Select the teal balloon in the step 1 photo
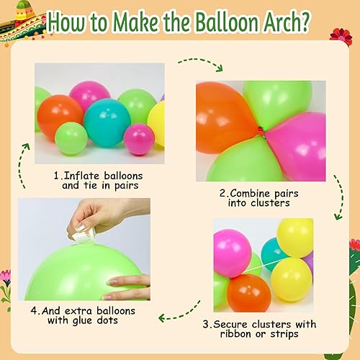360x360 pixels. [106, 122]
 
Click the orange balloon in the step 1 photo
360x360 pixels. [60, 115]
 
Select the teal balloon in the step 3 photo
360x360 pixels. [274, 253]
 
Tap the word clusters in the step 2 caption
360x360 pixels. [265, 204]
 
